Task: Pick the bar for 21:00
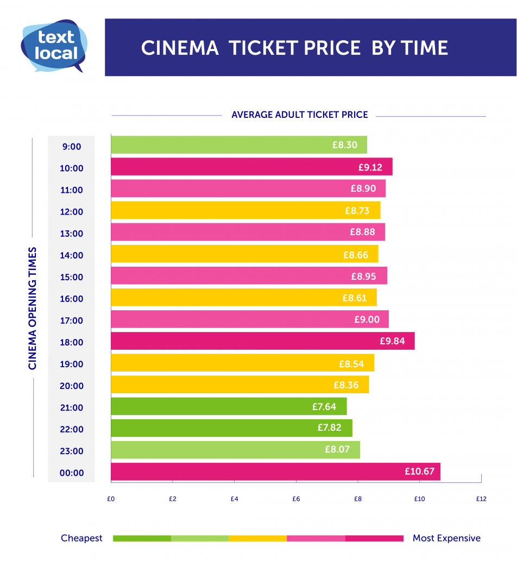(228, 406)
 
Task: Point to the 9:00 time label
(71, 147)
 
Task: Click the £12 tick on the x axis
(481, 499)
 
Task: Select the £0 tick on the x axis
(111, 499)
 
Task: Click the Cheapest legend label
(81, 538)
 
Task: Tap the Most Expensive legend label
(446, 538)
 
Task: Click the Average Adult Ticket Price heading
(299, 115)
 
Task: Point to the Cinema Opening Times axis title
(33, 309)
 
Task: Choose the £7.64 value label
(324, 406)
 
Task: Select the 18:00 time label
(71, 342)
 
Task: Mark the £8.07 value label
(337, 450)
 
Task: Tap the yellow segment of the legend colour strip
(257, 538)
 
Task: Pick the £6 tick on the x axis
(295, 499)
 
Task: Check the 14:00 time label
(71, 255)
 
